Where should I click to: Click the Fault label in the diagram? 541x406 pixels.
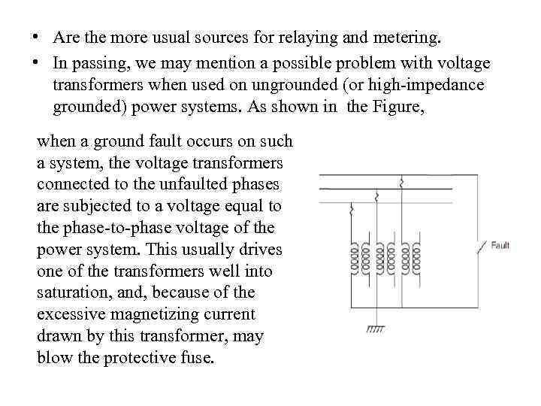[500, 245]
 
